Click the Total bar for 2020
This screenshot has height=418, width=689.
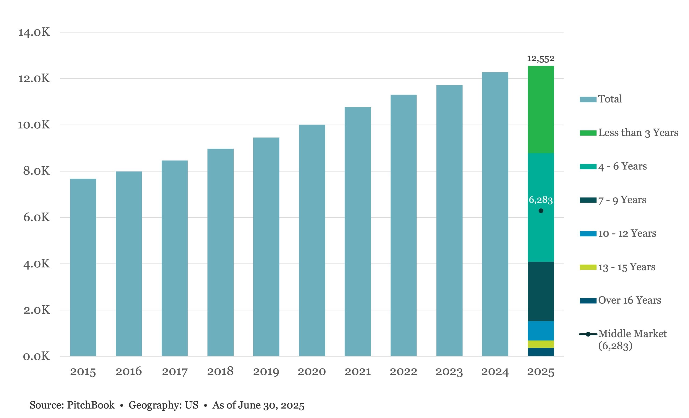tap(312, 240)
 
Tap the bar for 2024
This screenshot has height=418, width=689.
tap(495, 214)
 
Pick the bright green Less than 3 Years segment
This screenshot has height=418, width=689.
tap(540, 109)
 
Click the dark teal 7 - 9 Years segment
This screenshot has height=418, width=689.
tap(540, 291)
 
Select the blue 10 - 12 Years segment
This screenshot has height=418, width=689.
tap(540, 331)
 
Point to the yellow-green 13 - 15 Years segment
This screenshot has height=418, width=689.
tap(540, 344)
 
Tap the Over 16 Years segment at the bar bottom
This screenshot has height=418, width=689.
tap(540, 352)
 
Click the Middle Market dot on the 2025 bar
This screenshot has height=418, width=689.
tap(541, 211)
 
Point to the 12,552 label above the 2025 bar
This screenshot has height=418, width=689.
tap(540, 59)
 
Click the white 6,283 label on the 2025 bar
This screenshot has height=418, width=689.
tap(540, 200)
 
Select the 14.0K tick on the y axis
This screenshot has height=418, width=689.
tap(34, 32)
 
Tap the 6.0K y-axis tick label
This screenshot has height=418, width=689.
tap(36, 217)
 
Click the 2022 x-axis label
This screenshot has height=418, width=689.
tap(403, 371)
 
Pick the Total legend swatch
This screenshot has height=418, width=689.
tap(588, 99)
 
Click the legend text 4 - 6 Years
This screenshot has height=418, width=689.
tap(623, 166)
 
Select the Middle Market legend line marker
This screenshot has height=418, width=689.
tap(588, 334)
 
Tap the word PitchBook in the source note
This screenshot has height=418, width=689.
tap(91, 405)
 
